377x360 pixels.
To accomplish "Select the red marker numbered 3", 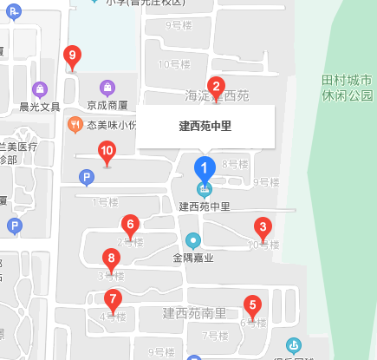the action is click(262, 228).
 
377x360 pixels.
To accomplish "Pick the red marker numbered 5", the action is click(252, 305).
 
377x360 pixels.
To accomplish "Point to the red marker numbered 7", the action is click(112, 300).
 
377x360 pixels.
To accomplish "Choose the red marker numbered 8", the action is click(111, 259).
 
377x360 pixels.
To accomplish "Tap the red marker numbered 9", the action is click(72, 57).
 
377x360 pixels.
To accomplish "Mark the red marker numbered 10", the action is click(107, 153).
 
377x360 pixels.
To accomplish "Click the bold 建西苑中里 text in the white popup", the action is click(205, 127).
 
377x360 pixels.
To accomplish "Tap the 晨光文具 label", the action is click(40, 107).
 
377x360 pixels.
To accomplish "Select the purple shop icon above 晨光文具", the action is click(40, 89).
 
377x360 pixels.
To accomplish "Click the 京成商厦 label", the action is click(107, 105).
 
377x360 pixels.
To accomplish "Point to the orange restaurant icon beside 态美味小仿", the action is click(75, 125).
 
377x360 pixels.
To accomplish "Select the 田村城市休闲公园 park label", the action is click(347, 88).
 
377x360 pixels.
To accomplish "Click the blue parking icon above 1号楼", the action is click(86, 178).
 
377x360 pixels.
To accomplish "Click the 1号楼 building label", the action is click(104, 203).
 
